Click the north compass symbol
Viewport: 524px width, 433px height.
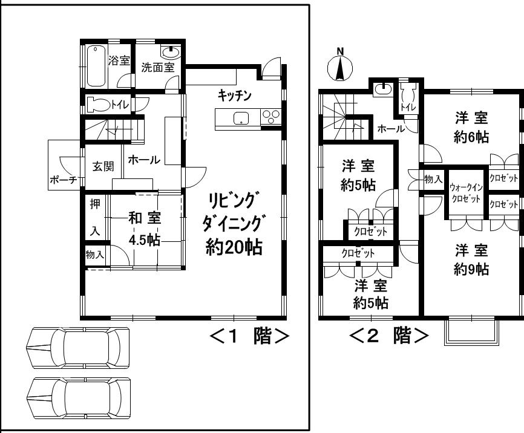pyautogui.click(x=340, y=67)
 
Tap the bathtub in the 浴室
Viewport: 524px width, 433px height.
pyautogui.click(x=96, y=66)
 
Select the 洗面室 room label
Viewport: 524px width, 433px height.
pyautogui.click(x=157, y=68)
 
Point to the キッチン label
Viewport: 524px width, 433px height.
pyautogui.click(x=235, y=96)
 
